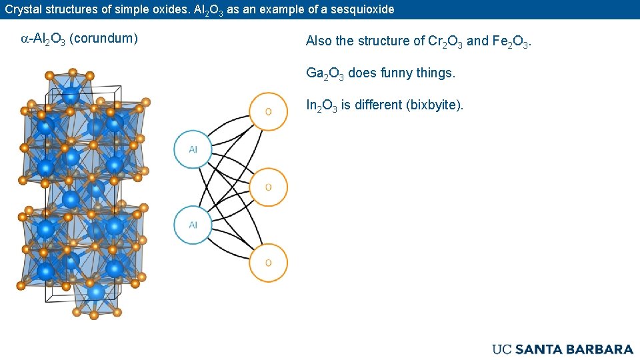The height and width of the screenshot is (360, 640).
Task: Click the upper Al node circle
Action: point(193,149)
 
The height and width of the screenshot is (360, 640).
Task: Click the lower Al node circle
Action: point(193,225)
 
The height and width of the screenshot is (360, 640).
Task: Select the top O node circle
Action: point(268,111)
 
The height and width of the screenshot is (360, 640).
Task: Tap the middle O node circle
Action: point(268,187)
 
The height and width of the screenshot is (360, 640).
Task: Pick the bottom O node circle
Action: point(268,263)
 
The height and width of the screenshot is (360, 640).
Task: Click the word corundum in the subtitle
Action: point(103,38)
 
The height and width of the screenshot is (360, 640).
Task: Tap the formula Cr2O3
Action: point(445,41)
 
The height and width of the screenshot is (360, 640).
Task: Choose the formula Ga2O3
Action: point(325,73)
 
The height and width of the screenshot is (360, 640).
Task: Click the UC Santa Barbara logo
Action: point(563,349)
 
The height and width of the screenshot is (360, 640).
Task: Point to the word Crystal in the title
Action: point(23,9)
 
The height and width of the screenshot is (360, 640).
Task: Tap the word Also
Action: point(319,41)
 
